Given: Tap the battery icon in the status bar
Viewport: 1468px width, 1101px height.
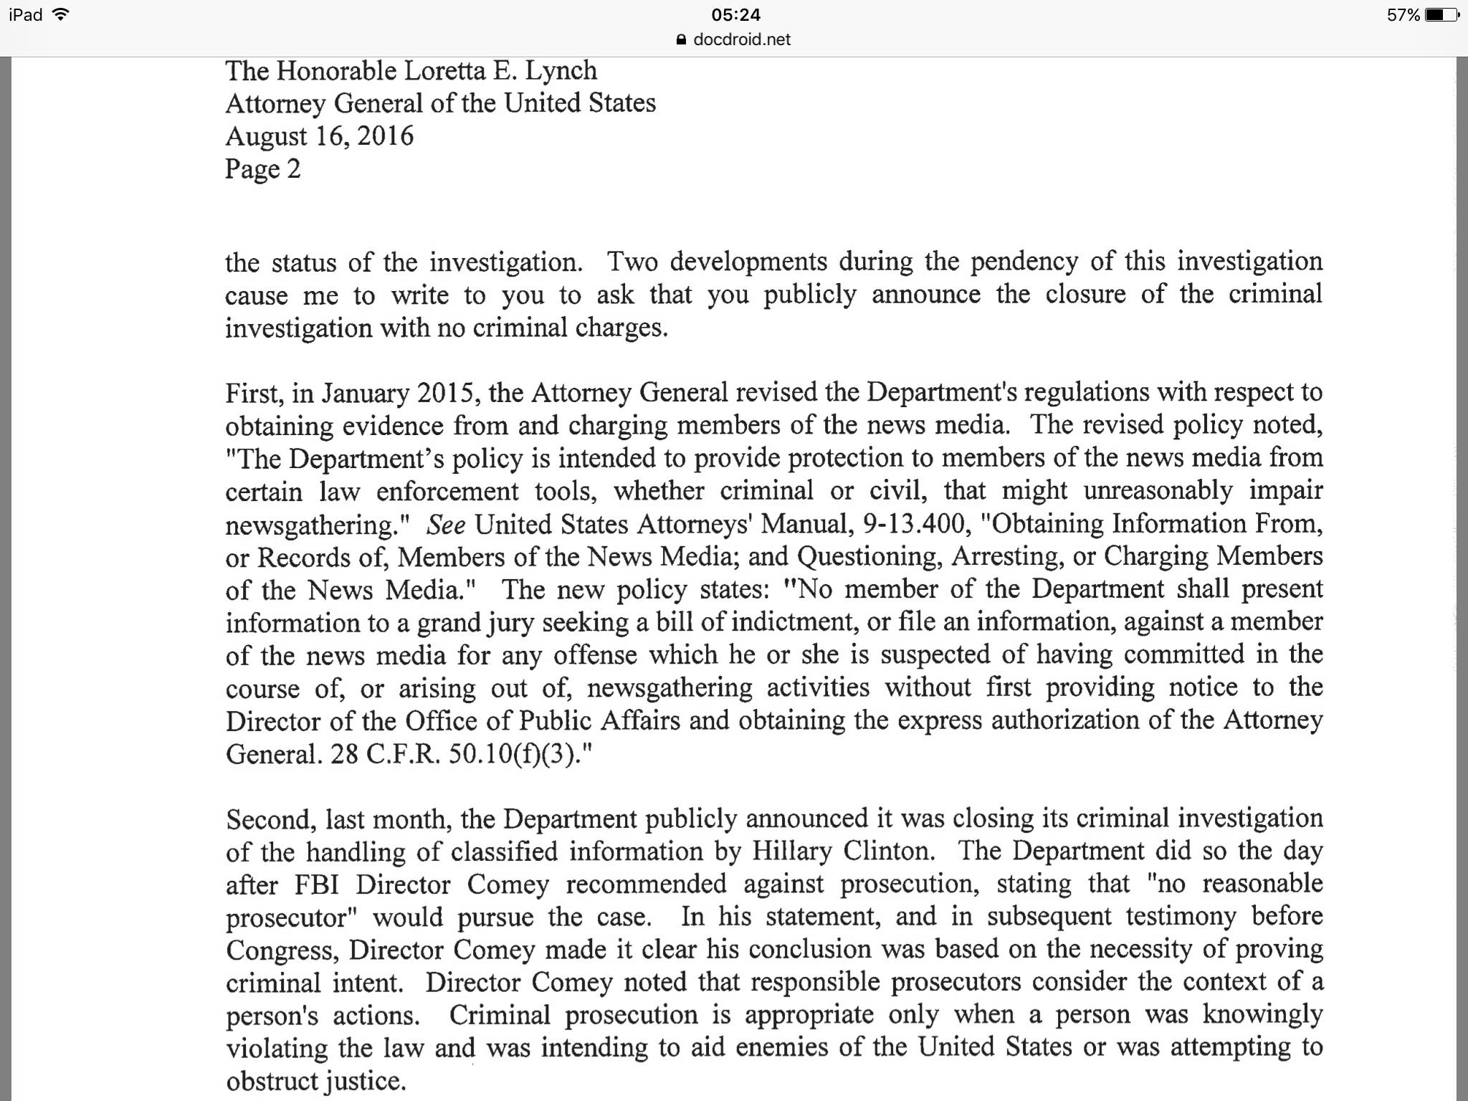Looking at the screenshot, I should point(1441,15).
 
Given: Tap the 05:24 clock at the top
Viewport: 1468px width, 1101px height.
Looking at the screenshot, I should point(736,15).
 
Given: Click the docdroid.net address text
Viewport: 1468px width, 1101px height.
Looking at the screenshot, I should point(742,39).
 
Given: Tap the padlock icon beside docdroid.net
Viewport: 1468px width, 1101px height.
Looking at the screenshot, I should point(682,40).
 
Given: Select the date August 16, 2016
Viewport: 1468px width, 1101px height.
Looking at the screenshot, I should point(320,135).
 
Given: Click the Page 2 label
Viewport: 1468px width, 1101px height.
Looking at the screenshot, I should point(262,168).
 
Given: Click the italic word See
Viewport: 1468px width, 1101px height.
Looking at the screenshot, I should point(446,525).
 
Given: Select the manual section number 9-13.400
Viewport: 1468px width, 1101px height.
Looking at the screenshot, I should point(914,524).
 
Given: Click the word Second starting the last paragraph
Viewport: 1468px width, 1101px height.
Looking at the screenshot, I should point(269,819).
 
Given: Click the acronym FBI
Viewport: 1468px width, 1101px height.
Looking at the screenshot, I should point(316,885).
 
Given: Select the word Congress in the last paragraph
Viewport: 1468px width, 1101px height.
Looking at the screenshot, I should point(282,950).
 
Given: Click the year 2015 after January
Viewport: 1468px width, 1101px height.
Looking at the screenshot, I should point(444,392).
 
